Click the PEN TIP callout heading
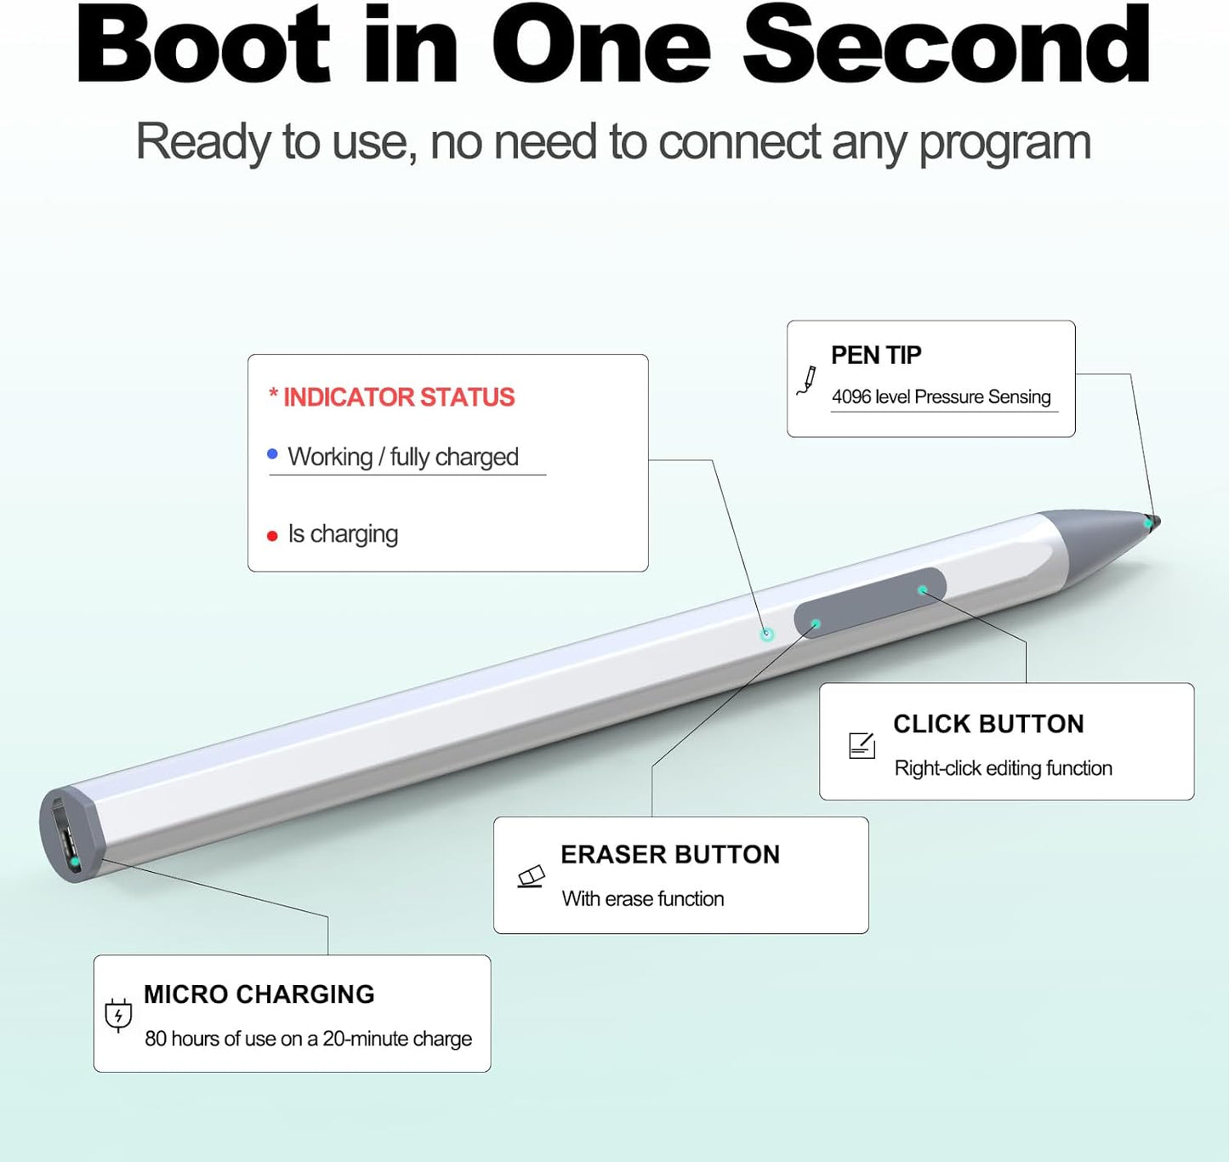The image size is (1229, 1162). pyautogui.click(x=876, y=355)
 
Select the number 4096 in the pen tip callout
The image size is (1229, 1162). pyautogui.click(x=851, y=397)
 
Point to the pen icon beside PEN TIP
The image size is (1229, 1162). pyautogui.click(x=806, y=380)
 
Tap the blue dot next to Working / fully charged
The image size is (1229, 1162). pyautogui.click(x=272, y=454)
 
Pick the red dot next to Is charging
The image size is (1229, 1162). pyautogui.click(x=272, y=536)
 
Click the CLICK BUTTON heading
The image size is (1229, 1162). pyautogui.click(x=988, y=724)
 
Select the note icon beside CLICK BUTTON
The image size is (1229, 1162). pyautogui.click(x=862, y=745)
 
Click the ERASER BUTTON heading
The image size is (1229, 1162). pyautogui.click(x=670, y=854)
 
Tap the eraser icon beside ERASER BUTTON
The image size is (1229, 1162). pyautogui.click(x=532, y=876)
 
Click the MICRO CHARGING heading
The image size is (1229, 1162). pyautogui.click(x=259, y=994)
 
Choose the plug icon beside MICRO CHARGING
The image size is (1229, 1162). pyautogui.click(x=118, y=1015)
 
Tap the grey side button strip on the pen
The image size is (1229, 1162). pyautogui.click(x=869, y=603)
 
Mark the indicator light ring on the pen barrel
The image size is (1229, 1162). pyautogui.click(x=767, y=634)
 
